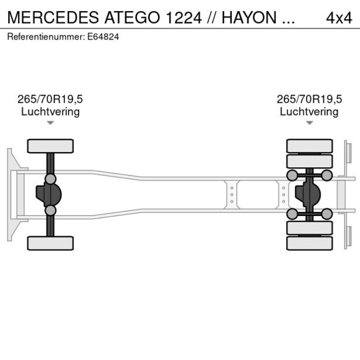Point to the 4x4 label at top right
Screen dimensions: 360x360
tap(339, 17)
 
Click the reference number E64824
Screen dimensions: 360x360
tap(103, 37)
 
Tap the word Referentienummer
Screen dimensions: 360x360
tap(46, 37)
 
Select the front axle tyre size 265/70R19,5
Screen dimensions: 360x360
tap(51, 99)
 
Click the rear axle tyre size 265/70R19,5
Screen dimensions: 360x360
tap(309, 99)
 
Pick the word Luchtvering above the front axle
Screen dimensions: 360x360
tap(51, 111)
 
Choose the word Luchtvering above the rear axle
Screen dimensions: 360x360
tap(309, 111)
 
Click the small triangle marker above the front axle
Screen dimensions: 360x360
tap(51, 123)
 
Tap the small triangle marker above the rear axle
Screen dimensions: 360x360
tap(309, 123)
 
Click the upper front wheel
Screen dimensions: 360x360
tap(51, 146)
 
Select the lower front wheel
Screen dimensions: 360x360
tap(51, 243)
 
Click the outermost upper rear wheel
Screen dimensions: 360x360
tap(309, 146)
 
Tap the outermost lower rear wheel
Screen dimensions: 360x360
tap(309, 243)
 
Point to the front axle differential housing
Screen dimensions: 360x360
tap(49, 195)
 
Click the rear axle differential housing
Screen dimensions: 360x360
tap(307, 195)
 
